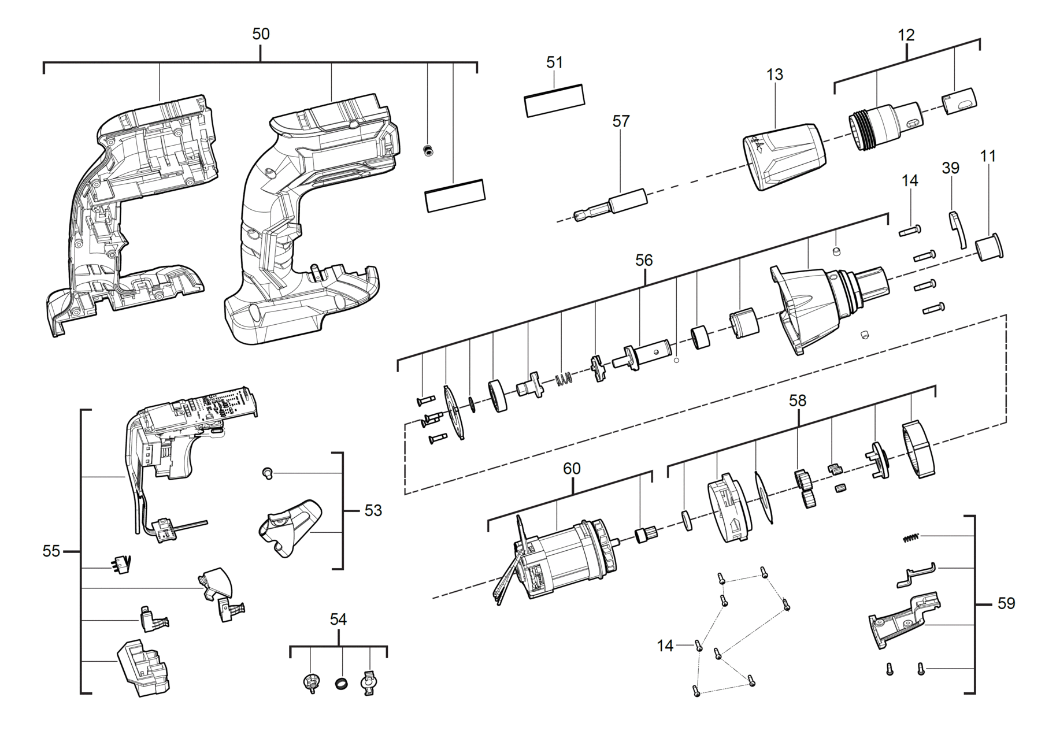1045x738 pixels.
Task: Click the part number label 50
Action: (261, 34)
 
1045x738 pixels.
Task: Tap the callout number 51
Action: (554, 62)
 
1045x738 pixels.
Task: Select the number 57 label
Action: (621, 121)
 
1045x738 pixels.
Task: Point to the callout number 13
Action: (775, 75)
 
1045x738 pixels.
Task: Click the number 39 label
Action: (950, 168)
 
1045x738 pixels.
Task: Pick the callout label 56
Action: (644, 261)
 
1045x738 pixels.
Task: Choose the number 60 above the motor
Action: (572, 469)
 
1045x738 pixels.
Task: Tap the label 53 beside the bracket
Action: (373, 511)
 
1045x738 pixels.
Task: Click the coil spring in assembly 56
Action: (564, 379)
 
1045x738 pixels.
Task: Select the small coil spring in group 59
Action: (910, 538)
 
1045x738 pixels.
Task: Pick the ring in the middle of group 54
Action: (342, 684)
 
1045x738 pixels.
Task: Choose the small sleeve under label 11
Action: (989, 249)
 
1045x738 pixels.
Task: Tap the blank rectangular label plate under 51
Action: (554, 101)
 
